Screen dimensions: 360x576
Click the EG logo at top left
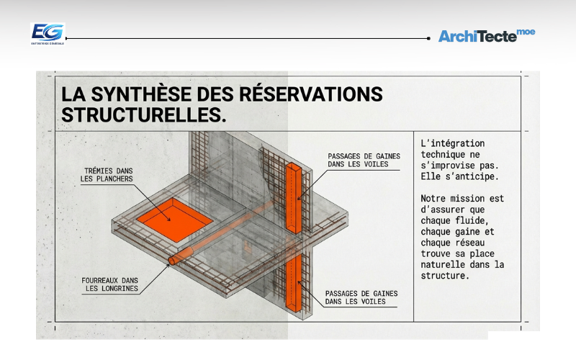pos(48,33)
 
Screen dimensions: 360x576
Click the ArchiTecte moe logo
pos(486,35)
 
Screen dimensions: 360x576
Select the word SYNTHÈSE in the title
pos(156,94)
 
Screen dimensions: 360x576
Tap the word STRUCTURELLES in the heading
pos(139,114)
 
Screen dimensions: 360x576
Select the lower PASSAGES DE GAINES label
pos(361,297)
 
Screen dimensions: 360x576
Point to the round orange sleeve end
pos(173,261)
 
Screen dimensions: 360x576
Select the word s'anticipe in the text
pos(477,174)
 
